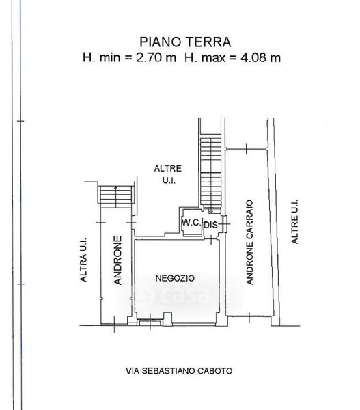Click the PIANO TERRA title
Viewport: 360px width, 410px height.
pyautogui.click(x=185, y=42)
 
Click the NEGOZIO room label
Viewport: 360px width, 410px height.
pyautogui.click(x=175, y=278)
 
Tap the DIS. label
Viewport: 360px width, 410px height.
pyautogui.click(x=212, y=225)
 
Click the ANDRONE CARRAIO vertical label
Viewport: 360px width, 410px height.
pyautogui.click(x=249, y=242)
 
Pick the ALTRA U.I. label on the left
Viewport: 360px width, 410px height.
pyautogui.click(x=83, y=260)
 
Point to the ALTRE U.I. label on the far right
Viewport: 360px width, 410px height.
pyautogui.click(x=294, y=221)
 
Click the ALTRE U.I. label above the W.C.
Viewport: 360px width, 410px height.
pyautogui.click(x=168, y=174)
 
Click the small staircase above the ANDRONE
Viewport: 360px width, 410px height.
pyautogui.click(x=116, y=197)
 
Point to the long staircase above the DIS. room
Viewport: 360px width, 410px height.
pyautogui.click(x=210, y=174)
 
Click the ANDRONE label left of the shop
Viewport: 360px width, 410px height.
pyautogui.click(x=118, y=260)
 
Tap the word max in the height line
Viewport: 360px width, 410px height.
pyautogui.click(x=213, y=58)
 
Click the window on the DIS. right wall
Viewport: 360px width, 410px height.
pyautogui.click(x=225, y=224)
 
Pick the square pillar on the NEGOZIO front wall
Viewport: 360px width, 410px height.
pyautogui.click(x=167, y=319)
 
